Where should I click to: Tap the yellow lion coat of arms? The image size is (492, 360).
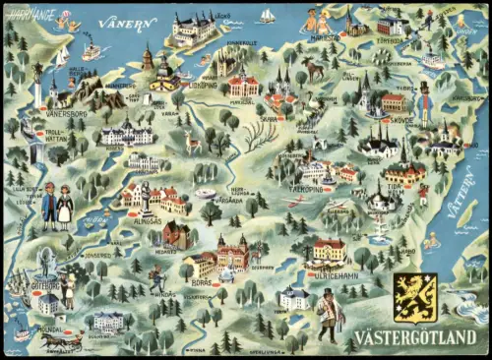click(413, 298)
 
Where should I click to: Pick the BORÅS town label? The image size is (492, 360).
click(201, 282)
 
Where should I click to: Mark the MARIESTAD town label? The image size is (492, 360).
click(324, 38)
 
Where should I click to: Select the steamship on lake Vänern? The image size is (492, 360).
click(91, 50)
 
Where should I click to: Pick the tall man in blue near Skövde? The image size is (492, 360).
click(424, 104)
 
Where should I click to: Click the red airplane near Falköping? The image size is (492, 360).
click(296, 201)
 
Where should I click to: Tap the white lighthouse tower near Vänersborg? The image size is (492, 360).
click(37, 89)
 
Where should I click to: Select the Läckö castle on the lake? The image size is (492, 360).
click(193, 29)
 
